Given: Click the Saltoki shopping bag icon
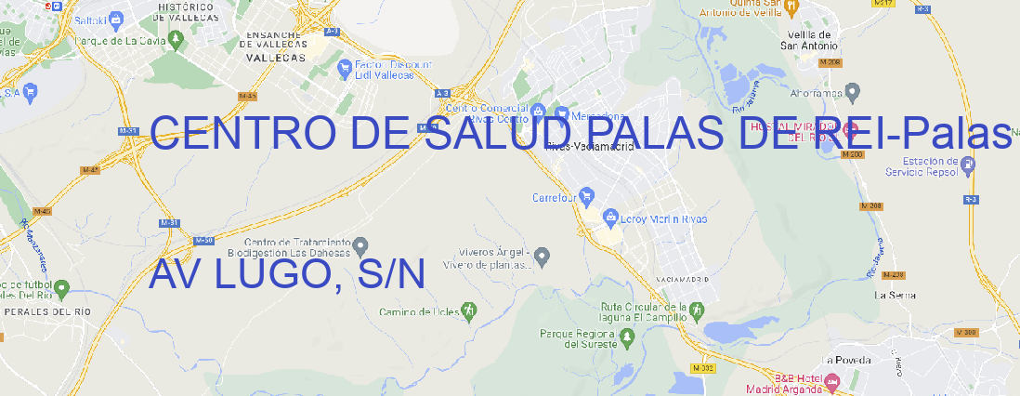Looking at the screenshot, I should (x=115, y=19).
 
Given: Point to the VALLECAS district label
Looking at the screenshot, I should (x=275, y=58).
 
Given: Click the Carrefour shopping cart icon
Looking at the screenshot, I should (x=588, y=197).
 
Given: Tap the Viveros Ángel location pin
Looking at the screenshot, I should (x=544, y=255).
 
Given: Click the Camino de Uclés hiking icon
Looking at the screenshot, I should (x=469, y=309).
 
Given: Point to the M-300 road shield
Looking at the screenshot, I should (x=967, y=332).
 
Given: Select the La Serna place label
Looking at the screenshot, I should (x=896, y=295).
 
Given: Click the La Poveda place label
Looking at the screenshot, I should (x=846, y=360).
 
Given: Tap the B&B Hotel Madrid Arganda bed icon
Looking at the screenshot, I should (x=832, y=381).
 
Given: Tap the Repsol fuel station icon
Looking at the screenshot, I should (x=968, y=165).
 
